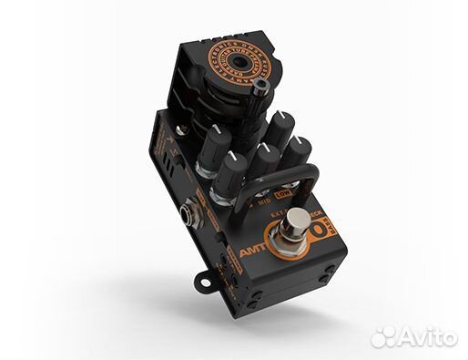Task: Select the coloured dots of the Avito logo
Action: point(384,335)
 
